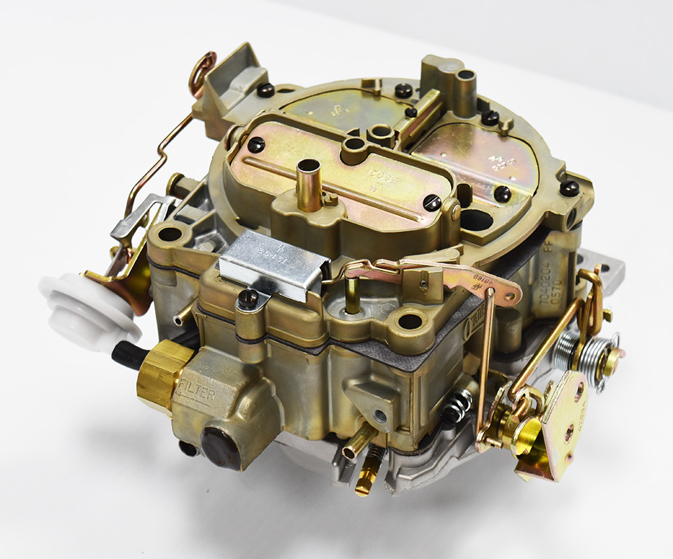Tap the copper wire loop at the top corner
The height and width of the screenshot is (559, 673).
coord(202,72)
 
